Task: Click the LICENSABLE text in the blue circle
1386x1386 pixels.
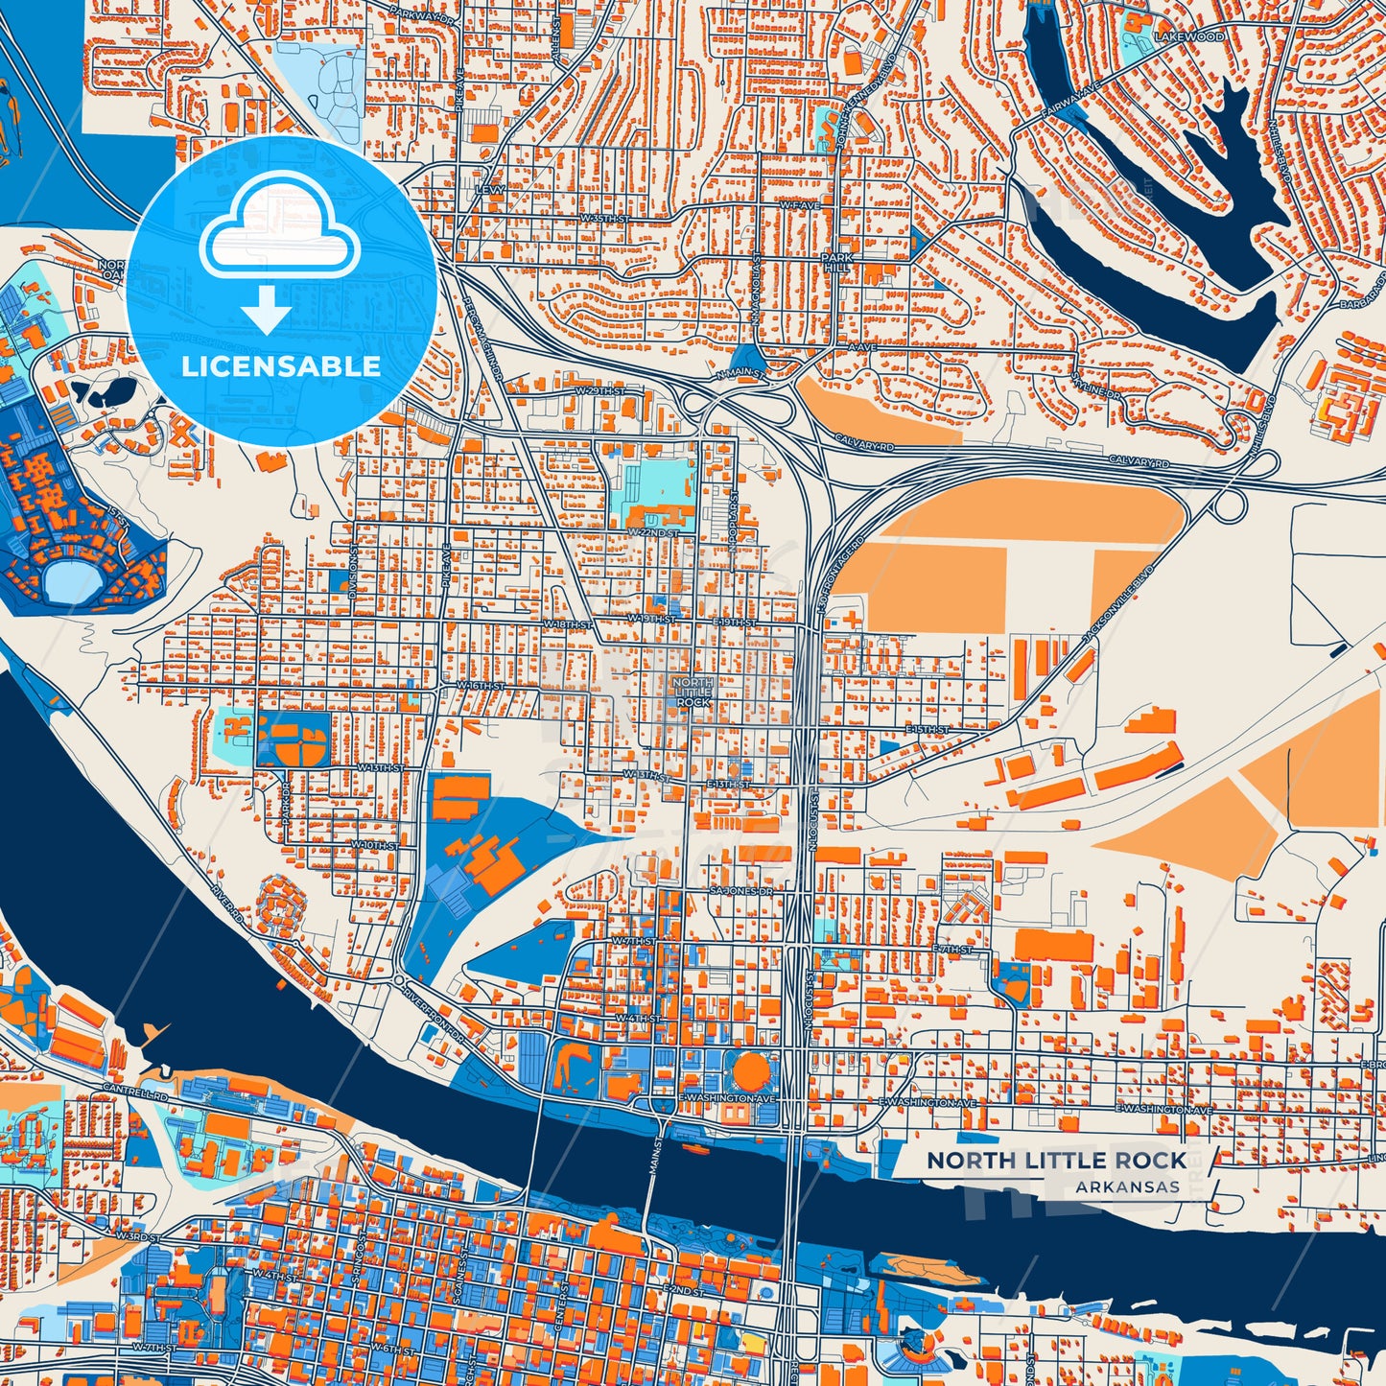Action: click(280, 366)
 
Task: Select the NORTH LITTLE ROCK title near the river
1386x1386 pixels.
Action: click(1056, 1161)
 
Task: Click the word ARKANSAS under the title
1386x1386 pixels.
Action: click(1127, 1187)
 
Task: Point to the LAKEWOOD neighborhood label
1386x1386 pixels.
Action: click(1189, 36)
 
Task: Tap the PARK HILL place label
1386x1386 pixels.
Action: click(836, 264)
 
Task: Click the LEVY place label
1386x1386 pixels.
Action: click(489, 190)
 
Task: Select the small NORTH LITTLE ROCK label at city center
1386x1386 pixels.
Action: click(693, 692)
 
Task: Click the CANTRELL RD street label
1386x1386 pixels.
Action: click(136, 1094)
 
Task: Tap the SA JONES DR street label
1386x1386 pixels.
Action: click(740, 891)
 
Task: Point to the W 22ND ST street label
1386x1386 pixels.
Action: click(652, 532)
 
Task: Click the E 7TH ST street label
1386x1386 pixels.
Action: click(951, 949)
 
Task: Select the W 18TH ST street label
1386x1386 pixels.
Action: click(568, 624)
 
